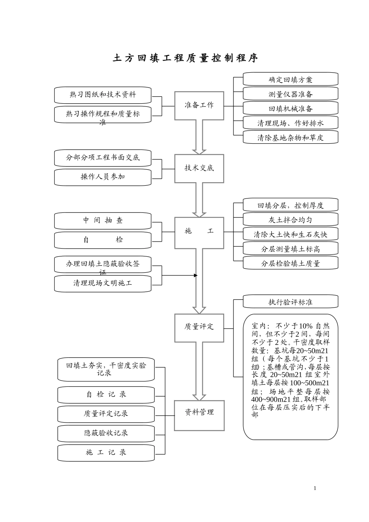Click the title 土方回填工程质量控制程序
(x=185, y=58)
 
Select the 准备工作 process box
(x=199, y=105)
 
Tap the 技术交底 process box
(x=199, y=168)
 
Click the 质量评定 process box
(x=199, y=327)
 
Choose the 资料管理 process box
(x=199, y=412)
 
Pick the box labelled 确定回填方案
(x=290, y=80)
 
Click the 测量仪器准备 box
(x=290, y=94)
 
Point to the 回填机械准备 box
(x=290, y=108)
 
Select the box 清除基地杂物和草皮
(x=290, y=137)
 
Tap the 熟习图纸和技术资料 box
(x=103, y=95)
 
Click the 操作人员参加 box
(x=103, y=177)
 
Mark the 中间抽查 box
(x=103, y=221)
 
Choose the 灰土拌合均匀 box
(x=290, y=219)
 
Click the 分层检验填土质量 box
(x=290, y=263)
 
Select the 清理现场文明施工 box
(x=103, y=284)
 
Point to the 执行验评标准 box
(x=290, y=302)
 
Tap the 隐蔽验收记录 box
(x=106, y=433)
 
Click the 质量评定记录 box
(x=106, y=414)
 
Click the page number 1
(x=315, y=488)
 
